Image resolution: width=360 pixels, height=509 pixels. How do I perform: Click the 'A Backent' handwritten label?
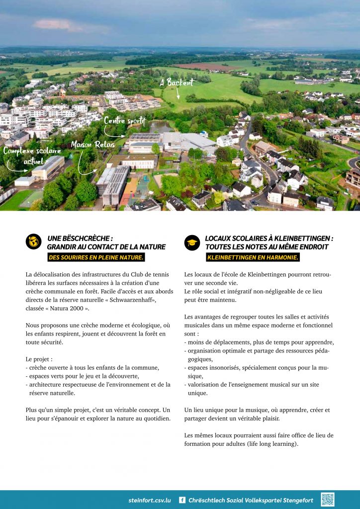point(177,82)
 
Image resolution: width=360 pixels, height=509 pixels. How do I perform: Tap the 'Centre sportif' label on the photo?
point(125,120)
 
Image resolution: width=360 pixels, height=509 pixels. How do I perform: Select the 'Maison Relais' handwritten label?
point(92,144)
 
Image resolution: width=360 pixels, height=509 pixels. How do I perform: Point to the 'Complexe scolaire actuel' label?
point(32,156)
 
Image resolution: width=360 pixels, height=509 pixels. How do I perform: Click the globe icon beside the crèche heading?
point(33,242)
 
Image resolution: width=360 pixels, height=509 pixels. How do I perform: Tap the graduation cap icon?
point(192,242)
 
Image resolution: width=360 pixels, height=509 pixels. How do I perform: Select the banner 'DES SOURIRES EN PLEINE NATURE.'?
point(96,257)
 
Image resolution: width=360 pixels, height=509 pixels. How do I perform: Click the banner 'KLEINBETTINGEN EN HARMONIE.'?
point(253,257)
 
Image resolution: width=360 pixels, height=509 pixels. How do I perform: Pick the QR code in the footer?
point(328,500)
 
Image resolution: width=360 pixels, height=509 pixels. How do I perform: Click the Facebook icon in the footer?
point(182,500)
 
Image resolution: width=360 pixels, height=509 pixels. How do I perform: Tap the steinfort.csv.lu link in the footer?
point(149,500)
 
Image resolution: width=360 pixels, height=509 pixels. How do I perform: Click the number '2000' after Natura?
point(80,308)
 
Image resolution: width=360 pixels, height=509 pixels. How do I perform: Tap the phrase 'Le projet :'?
point(39,359)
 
